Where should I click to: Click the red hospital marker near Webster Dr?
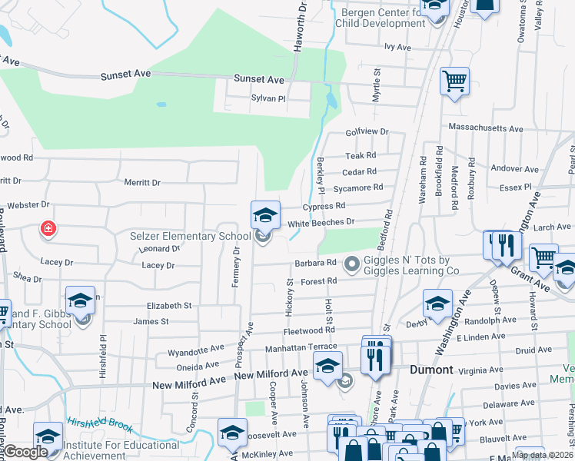[x=48, y=229]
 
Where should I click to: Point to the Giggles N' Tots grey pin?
[x=353, y=265]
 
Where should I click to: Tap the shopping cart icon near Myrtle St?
[x=454, y=81]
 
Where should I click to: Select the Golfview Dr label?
[x=367, y=132]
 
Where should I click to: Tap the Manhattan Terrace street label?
[x=301, y=347]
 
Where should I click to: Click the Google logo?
[x=28, y=452]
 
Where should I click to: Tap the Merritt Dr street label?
[x=142, y=183]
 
